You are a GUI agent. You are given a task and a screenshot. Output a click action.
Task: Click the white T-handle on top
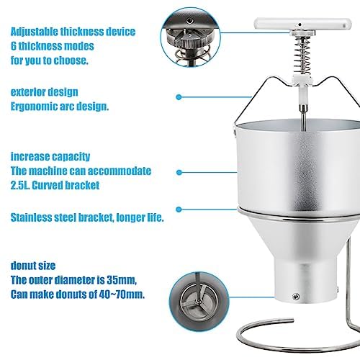coord(302,24)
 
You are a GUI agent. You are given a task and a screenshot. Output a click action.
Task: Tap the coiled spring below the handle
coord(302,56)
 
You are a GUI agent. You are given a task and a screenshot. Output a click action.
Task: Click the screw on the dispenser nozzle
coord(297,297)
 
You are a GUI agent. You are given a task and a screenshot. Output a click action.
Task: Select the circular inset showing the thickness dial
coord(190,37)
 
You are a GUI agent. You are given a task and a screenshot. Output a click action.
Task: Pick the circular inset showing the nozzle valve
coord(199,301)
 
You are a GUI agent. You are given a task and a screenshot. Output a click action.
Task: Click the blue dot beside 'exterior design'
coord(179,97)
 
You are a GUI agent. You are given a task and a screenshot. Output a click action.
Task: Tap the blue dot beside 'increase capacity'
coord(179,172)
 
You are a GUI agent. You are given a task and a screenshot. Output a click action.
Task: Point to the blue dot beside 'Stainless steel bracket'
coord(179,210)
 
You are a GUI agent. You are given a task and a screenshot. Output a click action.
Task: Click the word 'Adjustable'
coord(34,32)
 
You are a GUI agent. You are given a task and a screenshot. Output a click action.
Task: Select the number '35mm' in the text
coord(122,280)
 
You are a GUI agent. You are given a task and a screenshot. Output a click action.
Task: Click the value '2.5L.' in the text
coord(20,185)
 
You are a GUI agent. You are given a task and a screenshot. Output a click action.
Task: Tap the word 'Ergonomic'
coord(32,107)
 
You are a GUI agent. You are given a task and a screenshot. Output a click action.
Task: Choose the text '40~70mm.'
coord(122,294)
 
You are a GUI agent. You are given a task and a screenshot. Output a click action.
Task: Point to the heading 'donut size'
coord(33,266)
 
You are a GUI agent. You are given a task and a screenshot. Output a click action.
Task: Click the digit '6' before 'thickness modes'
coord(14,46)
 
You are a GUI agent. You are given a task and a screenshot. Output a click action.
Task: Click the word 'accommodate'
coord(120,171)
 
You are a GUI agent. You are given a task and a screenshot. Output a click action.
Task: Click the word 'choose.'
coord(71,60)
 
